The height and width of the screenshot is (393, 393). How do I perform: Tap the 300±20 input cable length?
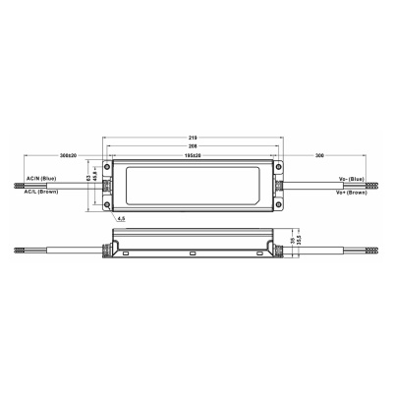pos(68,155)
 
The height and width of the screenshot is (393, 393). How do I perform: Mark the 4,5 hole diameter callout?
pos(121,218)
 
